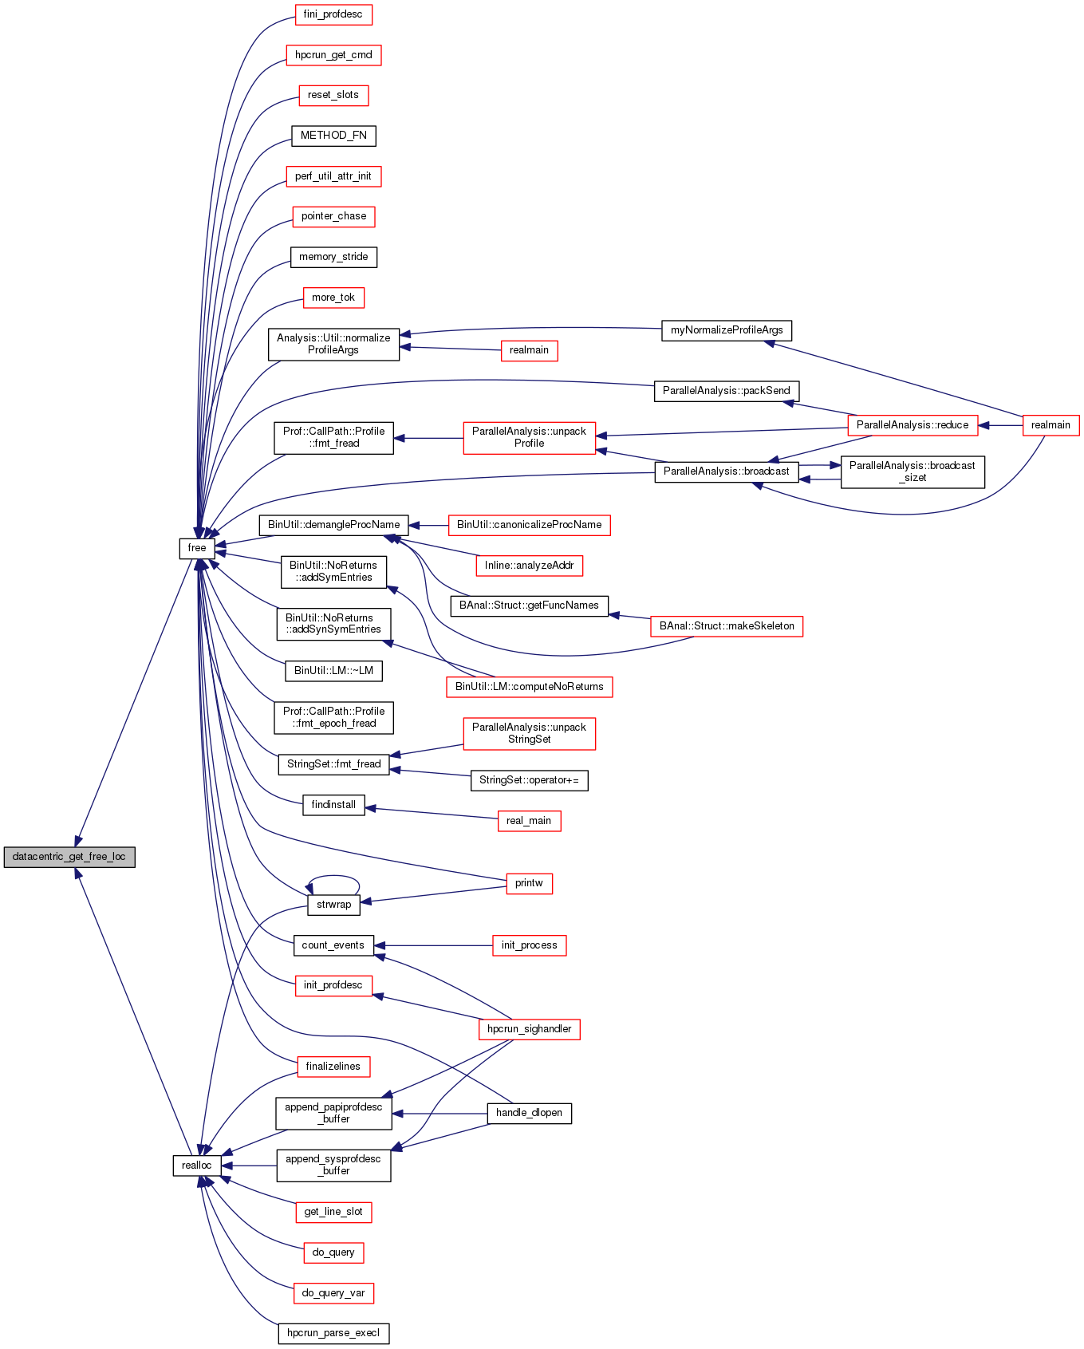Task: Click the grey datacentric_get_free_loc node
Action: click(69, 857)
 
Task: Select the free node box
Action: click(196, 548)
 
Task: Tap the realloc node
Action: click(196, 1166)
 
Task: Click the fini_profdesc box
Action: click(333, 14)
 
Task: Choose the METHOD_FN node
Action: click(333, 136)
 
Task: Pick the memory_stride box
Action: click(333, 257)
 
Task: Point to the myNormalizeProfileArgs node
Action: click(727, 330)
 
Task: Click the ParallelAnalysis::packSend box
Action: click(726, 391)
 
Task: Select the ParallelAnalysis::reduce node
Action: click(912, 425)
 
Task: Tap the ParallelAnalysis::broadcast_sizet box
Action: click(912, 471)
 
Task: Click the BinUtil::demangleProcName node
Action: click(333, 525)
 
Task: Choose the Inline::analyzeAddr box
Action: click(529, 566)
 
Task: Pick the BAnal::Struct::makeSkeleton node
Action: click(727, 626)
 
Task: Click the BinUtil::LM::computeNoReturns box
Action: click(529, 687)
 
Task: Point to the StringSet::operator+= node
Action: click(529, 780)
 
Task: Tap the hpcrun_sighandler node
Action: click(529, 1029)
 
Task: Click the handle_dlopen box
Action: click(529, 1113)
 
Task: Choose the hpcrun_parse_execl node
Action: click(333, 1333)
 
